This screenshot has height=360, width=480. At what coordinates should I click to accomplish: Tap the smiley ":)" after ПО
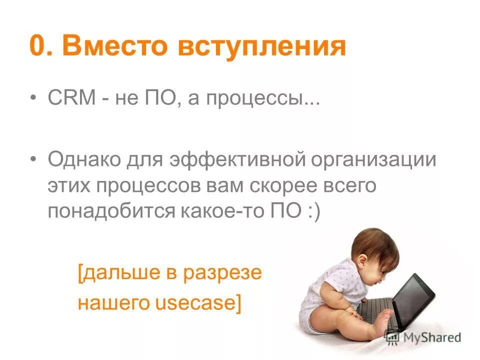coord(310,210)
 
